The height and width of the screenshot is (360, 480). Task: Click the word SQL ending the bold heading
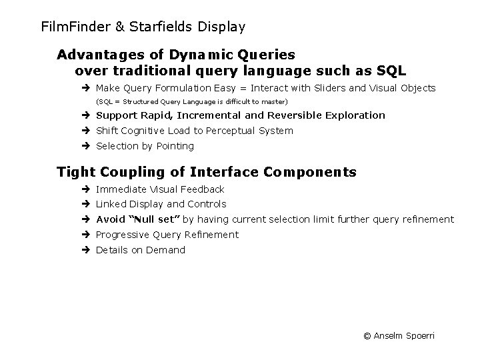click(x=391, y=70)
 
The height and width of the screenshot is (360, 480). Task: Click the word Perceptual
click(x=227, y=131)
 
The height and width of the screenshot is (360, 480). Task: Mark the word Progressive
click(x=123, y=235)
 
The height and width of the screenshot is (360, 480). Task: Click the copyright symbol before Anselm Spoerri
click(x=367, y=336)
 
